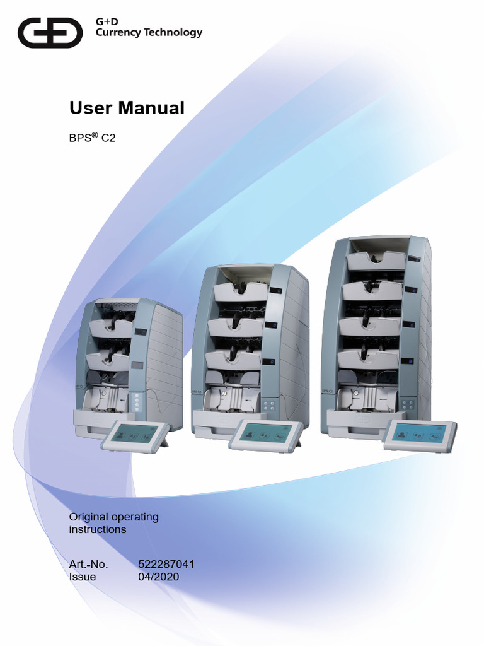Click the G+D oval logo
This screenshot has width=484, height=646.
pos(50,33)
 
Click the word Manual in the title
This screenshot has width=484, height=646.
pos(151,108)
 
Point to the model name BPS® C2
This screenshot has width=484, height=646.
pos(92,138)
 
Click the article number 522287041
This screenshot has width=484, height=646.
pos(166,564)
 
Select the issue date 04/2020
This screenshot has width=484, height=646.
pos(158,577)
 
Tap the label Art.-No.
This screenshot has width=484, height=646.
pos(88,564)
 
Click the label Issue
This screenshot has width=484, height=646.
pos(83,577)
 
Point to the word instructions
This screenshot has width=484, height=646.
pos(98,529)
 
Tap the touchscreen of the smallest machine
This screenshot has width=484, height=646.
pos(134,434)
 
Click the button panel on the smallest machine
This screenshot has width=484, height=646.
pos(137,402)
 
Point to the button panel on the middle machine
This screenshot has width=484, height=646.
pos(269,404)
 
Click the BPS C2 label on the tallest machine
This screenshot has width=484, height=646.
pos(327,391)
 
